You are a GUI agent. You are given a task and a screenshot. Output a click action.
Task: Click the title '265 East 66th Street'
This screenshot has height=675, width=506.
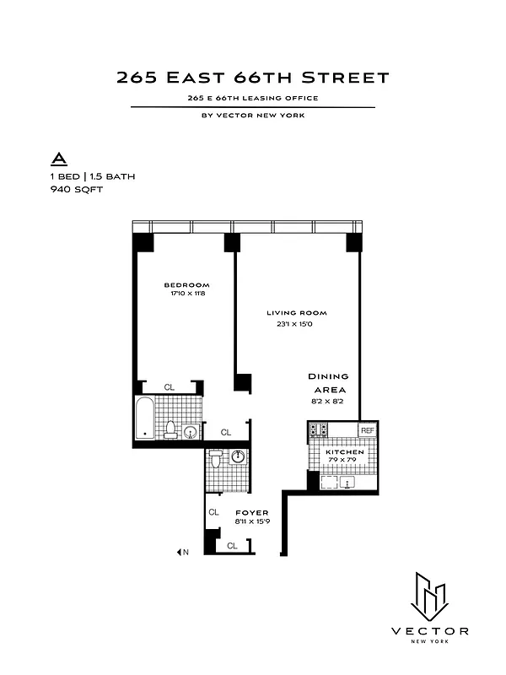[253, 78]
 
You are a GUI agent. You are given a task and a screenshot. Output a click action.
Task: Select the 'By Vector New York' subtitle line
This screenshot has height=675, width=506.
[253, 116]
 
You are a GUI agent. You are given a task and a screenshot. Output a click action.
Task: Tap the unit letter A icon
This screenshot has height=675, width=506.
[59, 158]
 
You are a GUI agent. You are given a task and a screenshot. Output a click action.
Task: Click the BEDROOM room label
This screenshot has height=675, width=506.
[186, 285]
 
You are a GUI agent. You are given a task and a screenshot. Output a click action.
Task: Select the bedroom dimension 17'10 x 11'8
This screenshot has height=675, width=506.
[186, 294]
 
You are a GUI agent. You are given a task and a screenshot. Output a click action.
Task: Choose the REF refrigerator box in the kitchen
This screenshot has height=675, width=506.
[367, 430]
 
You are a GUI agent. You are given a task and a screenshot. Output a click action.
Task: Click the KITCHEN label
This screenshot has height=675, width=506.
[345, 452]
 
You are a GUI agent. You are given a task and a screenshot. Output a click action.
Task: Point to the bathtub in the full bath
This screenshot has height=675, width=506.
[146, 417]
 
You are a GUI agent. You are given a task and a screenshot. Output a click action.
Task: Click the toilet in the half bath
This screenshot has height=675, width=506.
[216, 459]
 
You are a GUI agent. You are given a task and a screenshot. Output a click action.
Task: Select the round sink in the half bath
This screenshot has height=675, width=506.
[239, 456]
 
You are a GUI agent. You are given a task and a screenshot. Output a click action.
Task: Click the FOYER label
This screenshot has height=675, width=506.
[252, 513]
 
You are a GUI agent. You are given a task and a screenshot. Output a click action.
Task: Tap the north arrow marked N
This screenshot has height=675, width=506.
[182, 553]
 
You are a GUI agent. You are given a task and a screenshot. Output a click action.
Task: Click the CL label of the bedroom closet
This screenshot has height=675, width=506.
[169, 387]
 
